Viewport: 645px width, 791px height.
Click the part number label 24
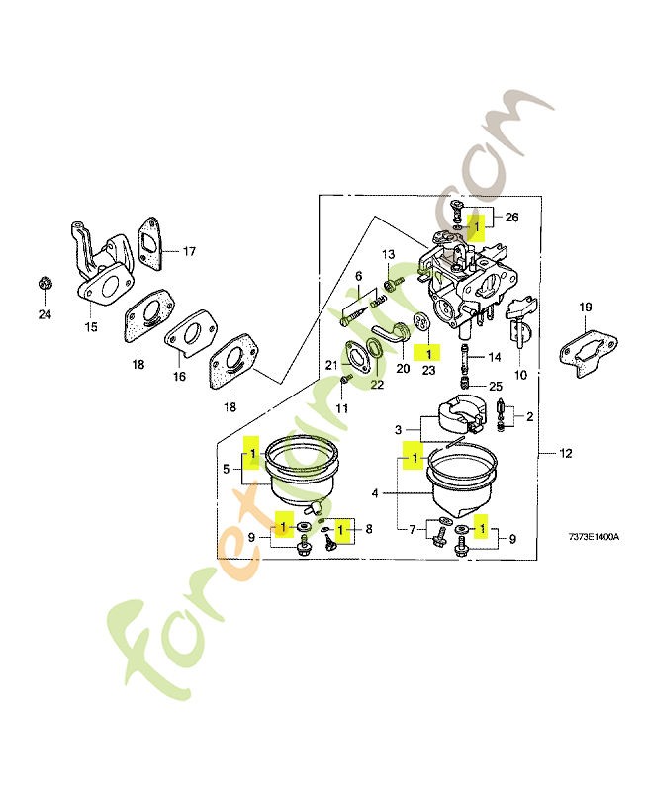tap(44, 315)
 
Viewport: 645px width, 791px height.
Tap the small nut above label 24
tap(44, 285)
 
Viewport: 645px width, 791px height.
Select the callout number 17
tap(188, 252)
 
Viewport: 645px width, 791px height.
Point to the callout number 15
tap(91, 327)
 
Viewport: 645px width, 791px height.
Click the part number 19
tap(585, 308)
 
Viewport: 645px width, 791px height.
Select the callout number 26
tap(511, 217)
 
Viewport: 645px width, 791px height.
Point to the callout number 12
tap(565, 455)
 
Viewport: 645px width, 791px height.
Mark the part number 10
tap(520, 375)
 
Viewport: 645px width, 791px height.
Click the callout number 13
tap(388, 255)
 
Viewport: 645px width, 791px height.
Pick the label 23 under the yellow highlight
tap(428, 369)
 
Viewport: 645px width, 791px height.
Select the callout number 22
tap(377, 385)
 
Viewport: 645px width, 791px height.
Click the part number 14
tap(495, 356)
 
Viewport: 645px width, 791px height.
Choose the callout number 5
tap(227, 471)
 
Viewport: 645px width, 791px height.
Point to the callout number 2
tap(529, 417)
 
